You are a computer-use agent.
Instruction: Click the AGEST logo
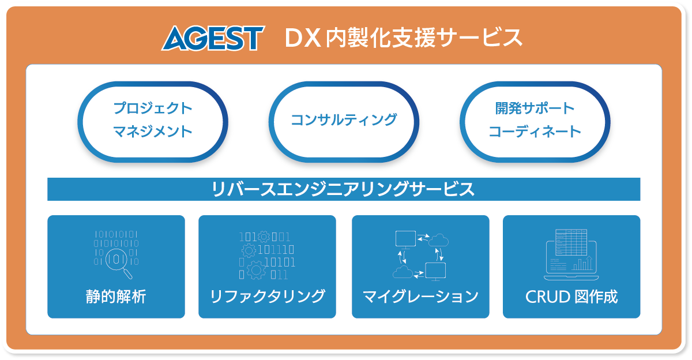212,38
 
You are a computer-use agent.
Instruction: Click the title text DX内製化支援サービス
404,38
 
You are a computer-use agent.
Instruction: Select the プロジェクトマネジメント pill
153,121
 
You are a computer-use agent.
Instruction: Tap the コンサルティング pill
344,121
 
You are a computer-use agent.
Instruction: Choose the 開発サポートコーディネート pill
535,121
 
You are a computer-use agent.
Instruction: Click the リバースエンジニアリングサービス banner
344,189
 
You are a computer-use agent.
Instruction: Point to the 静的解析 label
116,297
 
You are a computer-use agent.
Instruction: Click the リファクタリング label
267,297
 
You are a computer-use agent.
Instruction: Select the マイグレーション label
420,297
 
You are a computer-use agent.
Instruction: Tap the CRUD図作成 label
571,297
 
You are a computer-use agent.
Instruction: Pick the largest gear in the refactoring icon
255,269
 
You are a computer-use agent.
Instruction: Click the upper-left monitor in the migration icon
405,238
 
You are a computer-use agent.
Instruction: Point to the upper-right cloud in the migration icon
439,238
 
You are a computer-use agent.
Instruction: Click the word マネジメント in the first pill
153,132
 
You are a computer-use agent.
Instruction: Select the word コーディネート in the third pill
535,132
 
